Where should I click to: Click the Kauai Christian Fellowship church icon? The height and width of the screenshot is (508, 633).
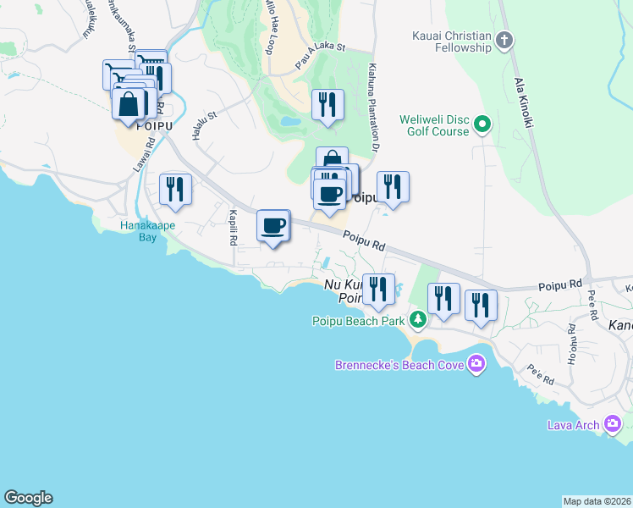point(504,40)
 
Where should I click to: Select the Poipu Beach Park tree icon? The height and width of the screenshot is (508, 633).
point(417,320)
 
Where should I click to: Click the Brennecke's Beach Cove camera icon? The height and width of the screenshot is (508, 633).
point(476,364)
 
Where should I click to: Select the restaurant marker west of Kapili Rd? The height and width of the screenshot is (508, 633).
point(175,189)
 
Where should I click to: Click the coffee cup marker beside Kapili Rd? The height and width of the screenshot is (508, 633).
point(273,226)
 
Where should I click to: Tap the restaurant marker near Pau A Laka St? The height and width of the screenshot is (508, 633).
point(328,105)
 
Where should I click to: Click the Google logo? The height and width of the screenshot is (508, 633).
point(28,498)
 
